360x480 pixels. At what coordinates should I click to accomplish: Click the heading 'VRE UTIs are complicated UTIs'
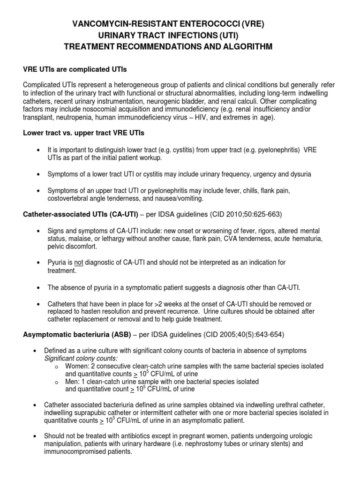point(75,69)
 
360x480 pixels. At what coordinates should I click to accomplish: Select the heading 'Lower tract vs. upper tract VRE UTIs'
point(84,133)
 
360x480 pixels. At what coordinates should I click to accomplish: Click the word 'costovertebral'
point(69,198)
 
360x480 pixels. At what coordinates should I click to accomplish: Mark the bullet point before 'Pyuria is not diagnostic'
point(37,262)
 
